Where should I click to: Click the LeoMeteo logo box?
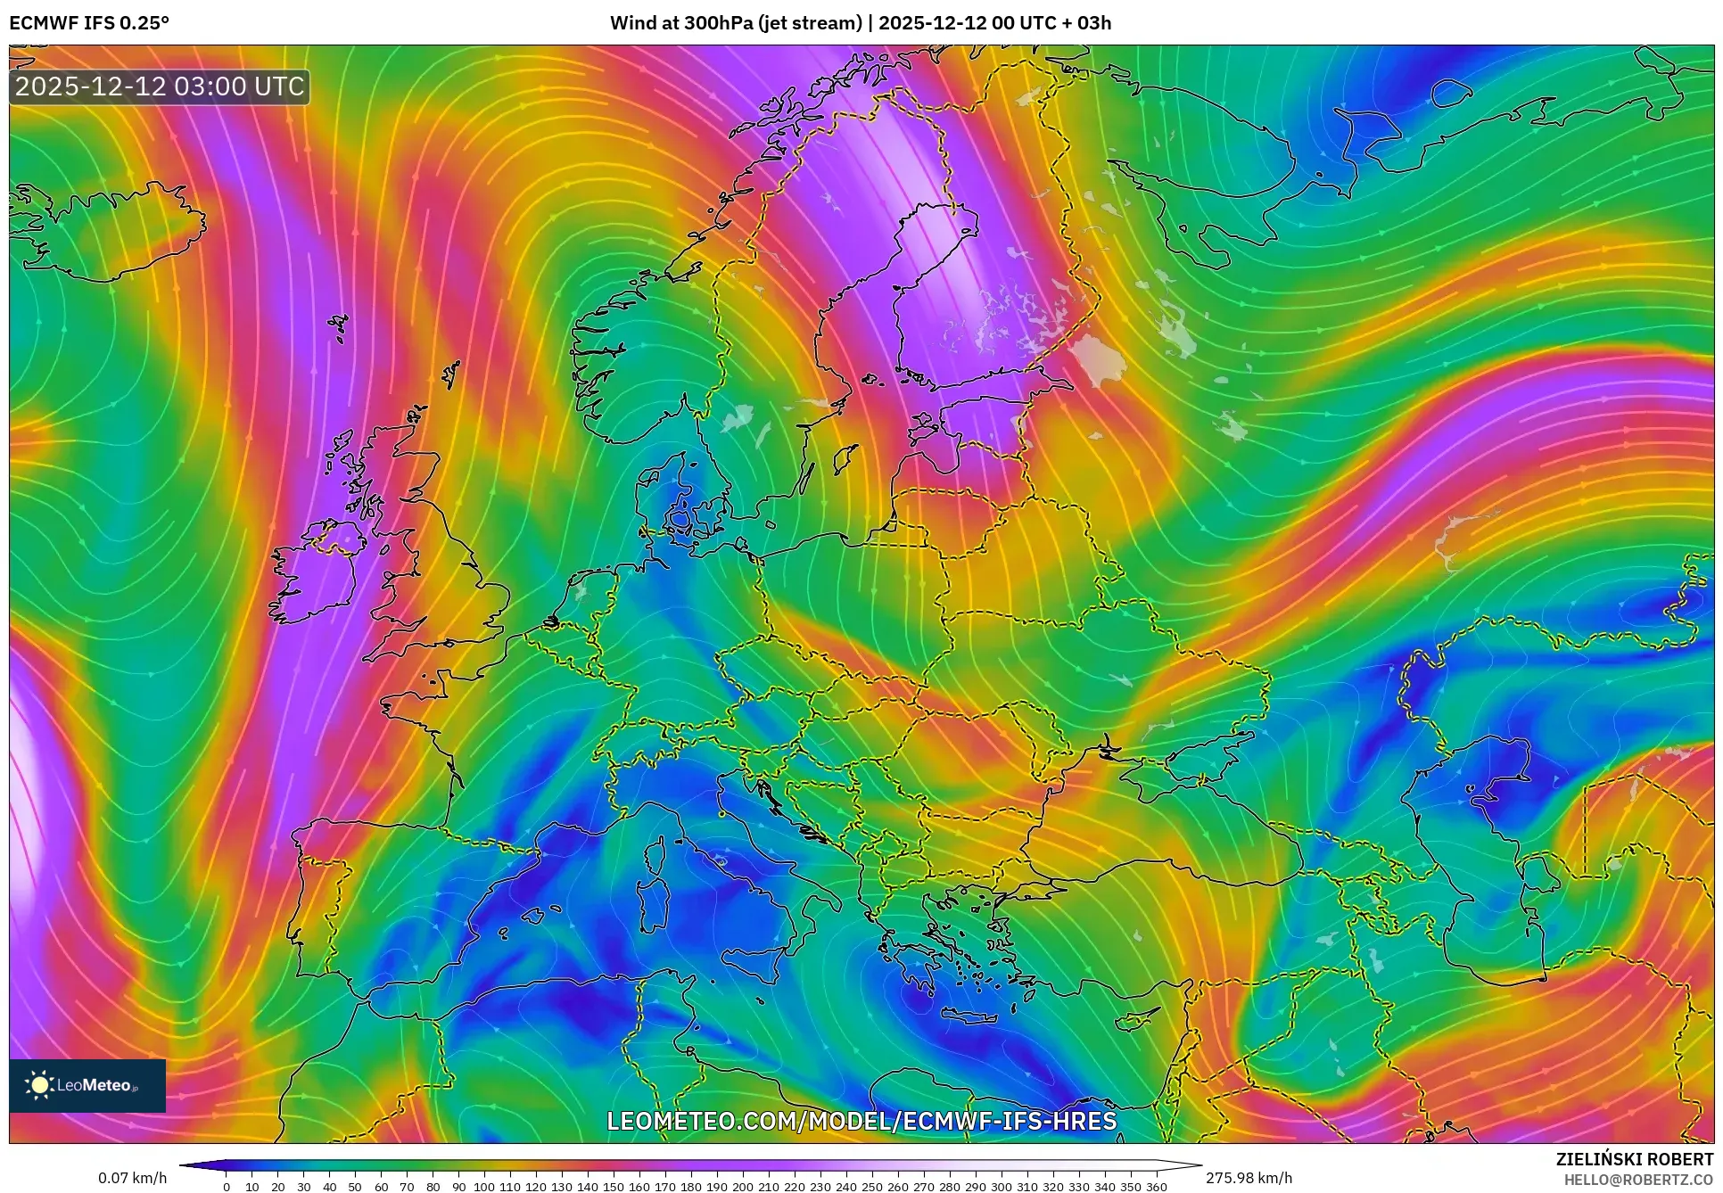click(x=87, y=1085)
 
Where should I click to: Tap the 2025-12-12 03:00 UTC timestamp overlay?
click(x=160, y=86)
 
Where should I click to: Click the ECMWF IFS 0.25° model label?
click(x=89, y=23)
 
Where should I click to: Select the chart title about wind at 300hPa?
click(x=861, y=23)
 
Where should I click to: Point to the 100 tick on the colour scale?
click(x=484, y=1186)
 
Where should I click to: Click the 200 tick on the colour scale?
click(x=742, y=1186)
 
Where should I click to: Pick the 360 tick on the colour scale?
click(x=1156, y=1186)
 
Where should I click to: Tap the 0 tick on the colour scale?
click(x=227, y=1186)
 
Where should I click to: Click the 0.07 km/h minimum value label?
click(x=132, y=1178)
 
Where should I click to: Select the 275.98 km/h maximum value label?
click(x=1249, y=1178)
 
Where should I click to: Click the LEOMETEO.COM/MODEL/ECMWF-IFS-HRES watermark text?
click(x=861, y=1121)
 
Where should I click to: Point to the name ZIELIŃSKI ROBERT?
click(x=1634, y=1159)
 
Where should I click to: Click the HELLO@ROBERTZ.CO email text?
click(x=1638, y=1180)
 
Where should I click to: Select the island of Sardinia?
click(x=655, y=905)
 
